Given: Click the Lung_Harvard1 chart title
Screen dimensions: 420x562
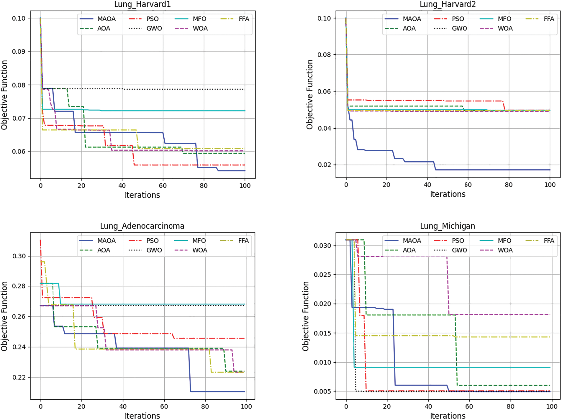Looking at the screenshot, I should [142, 4].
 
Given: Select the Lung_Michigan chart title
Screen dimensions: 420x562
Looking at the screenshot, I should [448, 226].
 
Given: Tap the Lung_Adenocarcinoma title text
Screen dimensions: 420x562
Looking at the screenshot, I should [142, 226].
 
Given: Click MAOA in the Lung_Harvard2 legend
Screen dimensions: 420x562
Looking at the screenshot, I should [412, 19].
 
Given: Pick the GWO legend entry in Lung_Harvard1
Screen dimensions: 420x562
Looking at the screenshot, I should [154, 29].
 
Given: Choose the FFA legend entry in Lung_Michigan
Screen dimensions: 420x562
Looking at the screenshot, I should [549, 241].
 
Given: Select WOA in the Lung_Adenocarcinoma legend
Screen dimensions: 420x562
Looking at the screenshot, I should [200, 250].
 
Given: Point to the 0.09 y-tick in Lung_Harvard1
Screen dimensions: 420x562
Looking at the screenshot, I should [19, 52].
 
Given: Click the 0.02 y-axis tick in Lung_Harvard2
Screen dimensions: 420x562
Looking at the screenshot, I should [324, 165].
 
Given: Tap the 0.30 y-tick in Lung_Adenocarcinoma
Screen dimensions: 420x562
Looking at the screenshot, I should [19, 256].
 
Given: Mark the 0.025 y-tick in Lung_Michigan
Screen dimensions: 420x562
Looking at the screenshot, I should [322, 275].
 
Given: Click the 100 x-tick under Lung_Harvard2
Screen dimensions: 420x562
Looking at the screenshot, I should [550, 185].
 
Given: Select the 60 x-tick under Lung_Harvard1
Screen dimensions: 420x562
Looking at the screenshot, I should [163, 186].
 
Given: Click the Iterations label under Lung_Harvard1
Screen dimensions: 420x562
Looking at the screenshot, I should [142, 195].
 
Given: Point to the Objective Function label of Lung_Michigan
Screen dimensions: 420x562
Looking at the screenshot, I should [306, 316].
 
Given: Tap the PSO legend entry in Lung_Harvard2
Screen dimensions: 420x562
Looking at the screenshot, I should [458, 19].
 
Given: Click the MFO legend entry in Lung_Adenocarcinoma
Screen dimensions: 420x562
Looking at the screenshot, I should [199, 241].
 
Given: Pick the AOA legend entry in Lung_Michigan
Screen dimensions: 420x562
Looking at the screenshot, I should [409, 250].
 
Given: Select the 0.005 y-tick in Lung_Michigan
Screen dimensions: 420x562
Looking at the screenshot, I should [322, 391].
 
